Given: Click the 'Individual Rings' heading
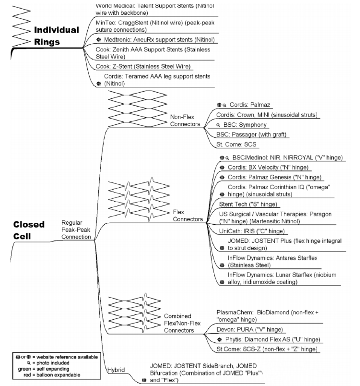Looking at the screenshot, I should coord(56,35).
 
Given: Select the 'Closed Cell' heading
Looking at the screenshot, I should coord(29,230).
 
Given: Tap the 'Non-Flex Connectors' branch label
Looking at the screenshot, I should coord(185,120).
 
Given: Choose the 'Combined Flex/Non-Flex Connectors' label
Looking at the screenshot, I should coord(182,323).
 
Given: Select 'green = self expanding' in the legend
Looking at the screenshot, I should coord(43,369).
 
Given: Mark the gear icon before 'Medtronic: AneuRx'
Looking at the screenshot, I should coord(99,39).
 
